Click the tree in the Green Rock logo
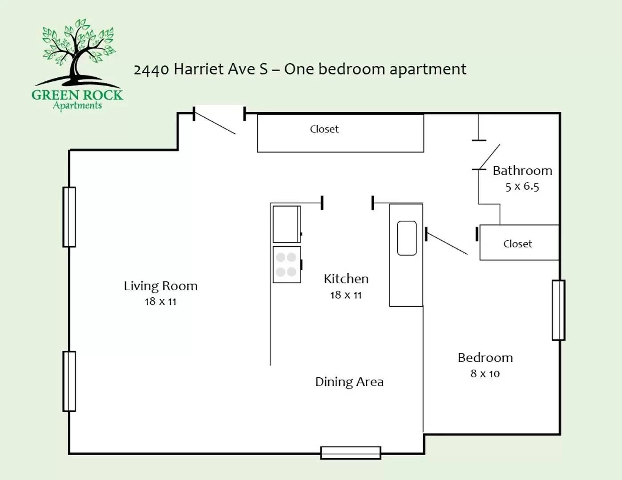tap(78, 51)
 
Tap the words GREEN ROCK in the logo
tap(77, 95)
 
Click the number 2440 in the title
tap(151, 70)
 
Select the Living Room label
tap(161, 286)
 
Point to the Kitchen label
tap(346, 279)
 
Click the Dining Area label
tap(349, 382)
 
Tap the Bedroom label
tap(485, 358)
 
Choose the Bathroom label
tap(522, 171)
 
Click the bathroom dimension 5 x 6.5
tap(522, 187)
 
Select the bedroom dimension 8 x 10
tap(485, 374)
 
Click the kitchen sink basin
tap(407, 238)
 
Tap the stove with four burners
tap(287, 264)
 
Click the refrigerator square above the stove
tap(287, 224)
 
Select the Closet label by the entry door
tap(324, 129)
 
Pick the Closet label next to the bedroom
tap(517, 244)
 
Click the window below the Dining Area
tap(351, 453)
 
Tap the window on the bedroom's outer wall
tap(558, 310)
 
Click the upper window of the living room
tap(69, 217)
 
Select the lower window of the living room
tap(69, 381)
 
